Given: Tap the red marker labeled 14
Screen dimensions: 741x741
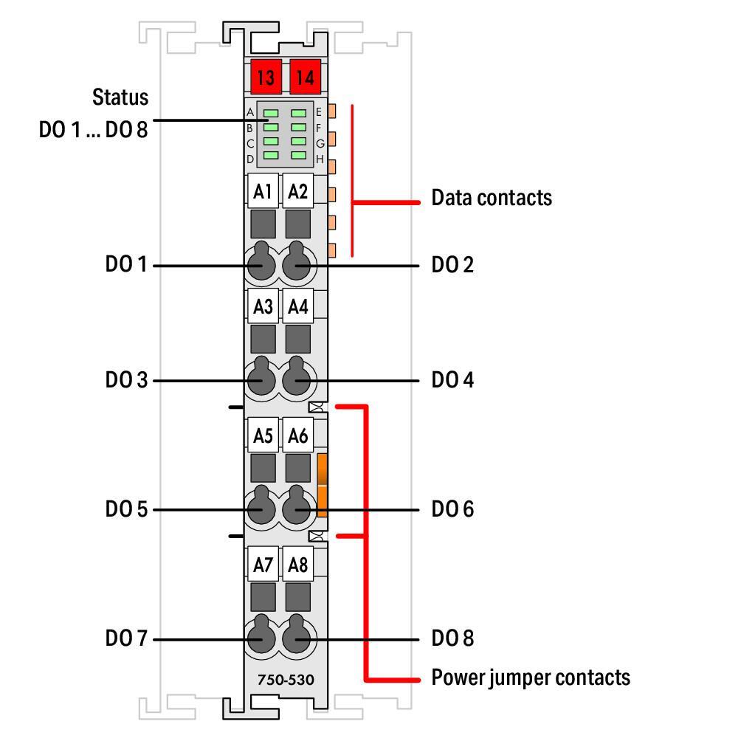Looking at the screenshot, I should [x=304, y=76].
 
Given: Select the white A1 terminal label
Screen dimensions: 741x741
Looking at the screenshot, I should [x=262, y=192].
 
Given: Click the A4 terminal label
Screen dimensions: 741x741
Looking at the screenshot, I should [x=298, y=307].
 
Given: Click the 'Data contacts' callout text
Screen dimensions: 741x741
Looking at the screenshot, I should [x=491, y=198].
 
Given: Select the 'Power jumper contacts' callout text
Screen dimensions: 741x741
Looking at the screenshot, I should [x=530, y=678].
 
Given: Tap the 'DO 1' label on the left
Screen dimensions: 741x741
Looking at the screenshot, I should [x=126, y=264].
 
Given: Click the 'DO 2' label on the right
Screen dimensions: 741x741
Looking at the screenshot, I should [x=452, y=264].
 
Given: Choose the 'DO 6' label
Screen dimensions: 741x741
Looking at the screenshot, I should [x=452, y=509].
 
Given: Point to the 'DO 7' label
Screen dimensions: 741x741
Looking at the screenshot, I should [x=126, y=638].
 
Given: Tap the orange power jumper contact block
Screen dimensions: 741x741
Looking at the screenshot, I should [x=322, y=484].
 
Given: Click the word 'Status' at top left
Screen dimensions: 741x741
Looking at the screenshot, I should [x=120, y=97].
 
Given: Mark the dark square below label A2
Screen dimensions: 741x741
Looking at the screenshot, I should [x=298, y=222].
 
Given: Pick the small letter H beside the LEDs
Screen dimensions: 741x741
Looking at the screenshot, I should [x=320, y=159].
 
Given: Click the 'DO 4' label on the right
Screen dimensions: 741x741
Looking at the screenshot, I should [x=452, y=380].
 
